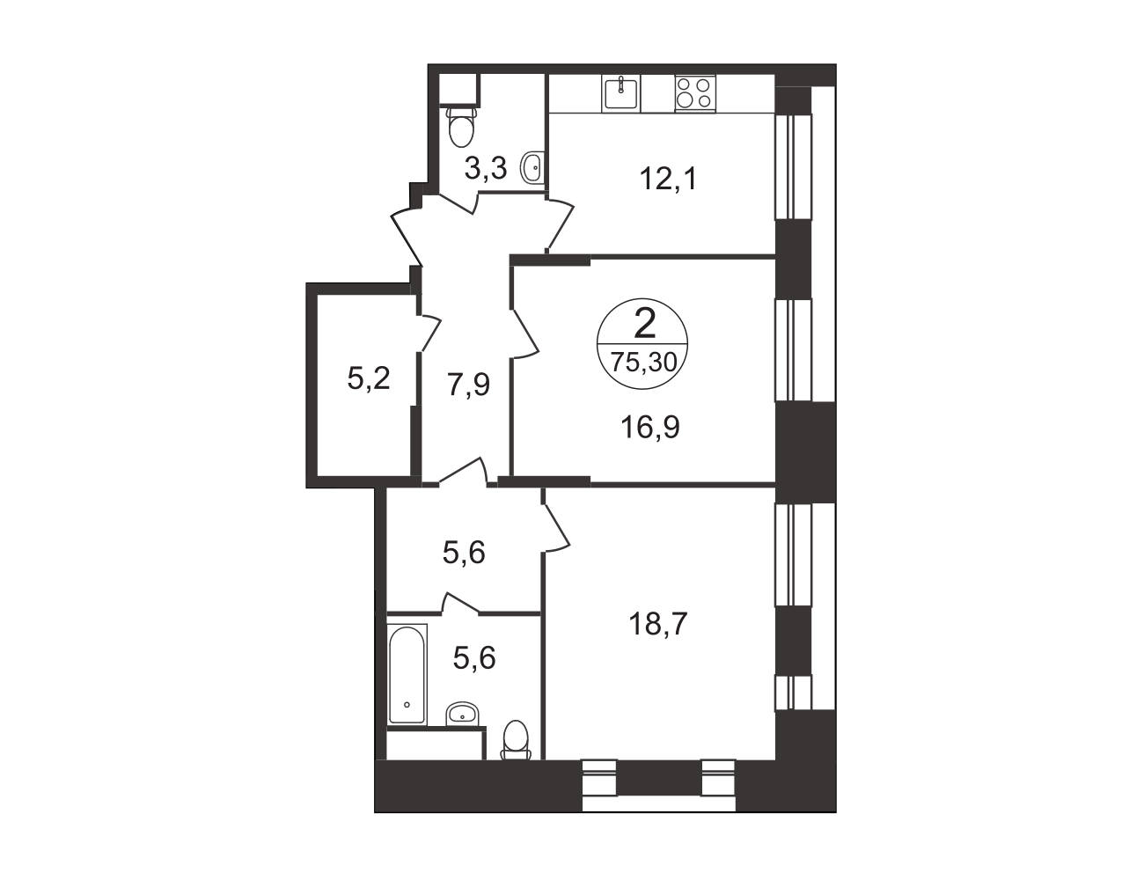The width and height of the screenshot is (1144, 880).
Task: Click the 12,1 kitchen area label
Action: [x=668, y=179]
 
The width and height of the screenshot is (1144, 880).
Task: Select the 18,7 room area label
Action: [x=658, y=625]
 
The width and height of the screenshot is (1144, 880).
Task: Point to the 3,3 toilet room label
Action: [x=486, y=168]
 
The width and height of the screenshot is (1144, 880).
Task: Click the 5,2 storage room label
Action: [x=369, y=378]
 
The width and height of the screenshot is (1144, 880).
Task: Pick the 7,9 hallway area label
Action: [x=468, y=385]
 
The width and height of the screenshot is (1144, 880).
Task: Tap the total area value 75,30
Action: [x=643, y=362]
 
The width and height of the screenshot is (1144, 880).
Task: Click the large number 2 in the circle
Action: [x=645, y=323]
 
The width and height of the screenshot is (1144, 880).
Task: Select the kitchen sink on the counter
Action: [x=621, y=92]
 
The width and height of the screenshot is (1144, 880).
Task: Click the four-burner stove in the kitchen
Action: [x=695, y=92]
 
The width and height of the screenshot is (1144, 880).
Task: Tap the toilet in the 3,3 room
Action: [x=461, y=127]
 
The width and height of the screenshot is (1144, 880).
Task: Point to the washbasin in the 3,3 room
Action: [x=532, y=167]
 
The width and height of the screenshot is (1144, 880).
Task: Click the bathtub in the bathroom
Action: [x=407, y=674]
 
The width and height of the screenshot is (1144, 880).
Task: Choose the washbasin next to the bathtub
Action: [x=462, y=714]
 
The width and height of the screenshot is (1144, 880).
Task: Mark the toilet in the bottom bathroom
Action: [x=515, y=740]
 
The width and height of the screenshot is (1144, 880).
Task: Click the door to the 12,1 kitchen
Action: [x=560, y=225]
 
